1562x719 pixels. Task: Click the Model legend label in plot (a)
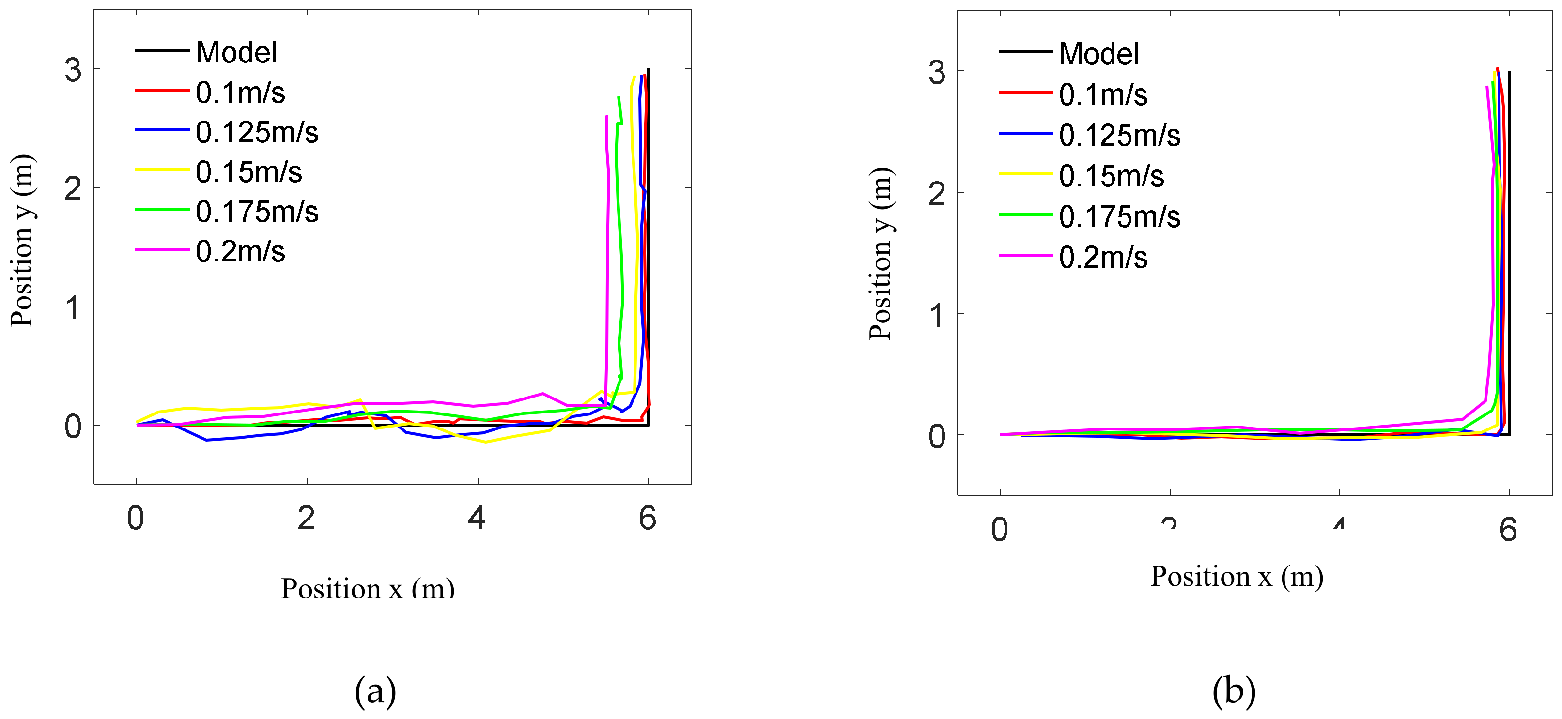point(236,52)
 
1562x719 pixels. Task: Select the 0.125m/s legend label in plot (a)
point(257,132)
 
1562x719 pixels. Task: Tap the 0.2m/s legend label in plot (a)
point(240,251)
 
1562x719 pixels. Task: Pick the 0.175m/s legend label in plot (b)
point(1119,217)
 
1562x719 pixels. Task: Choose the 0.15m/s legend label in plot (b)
point(1111,176)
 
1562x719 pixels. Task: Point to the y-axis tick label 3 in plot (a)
point(73,70)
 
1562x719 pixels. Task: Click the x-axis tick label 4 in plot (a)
point(477,519)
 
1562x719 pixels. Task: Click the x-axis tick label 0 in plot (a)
point(136,519)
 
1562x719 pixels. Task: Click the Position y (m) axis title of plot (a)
point(23,241)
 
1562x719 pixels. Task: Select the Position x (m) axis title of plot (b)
point(1237,576)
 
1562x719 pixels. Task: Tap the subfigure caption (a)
point(375,690)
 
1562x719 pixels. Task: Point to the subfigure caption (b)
point(1233,690)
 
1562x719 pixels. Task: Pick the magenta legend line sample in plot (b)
point(1025,255)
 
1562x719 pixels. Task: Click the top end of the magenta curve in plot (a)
point(606,116)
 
